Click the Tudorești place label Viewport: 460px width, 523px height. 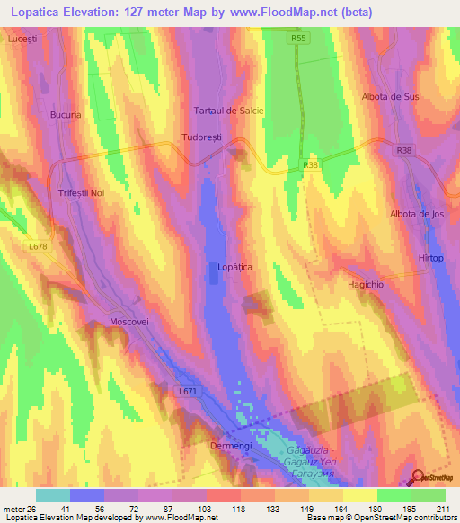click(201, 138)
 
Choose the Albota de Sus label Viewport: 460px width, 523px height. click(390, 96)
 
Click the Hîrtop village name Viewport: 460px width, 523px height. click(430, 257)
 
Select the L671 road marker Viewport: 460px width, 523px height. click(188, 392)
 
